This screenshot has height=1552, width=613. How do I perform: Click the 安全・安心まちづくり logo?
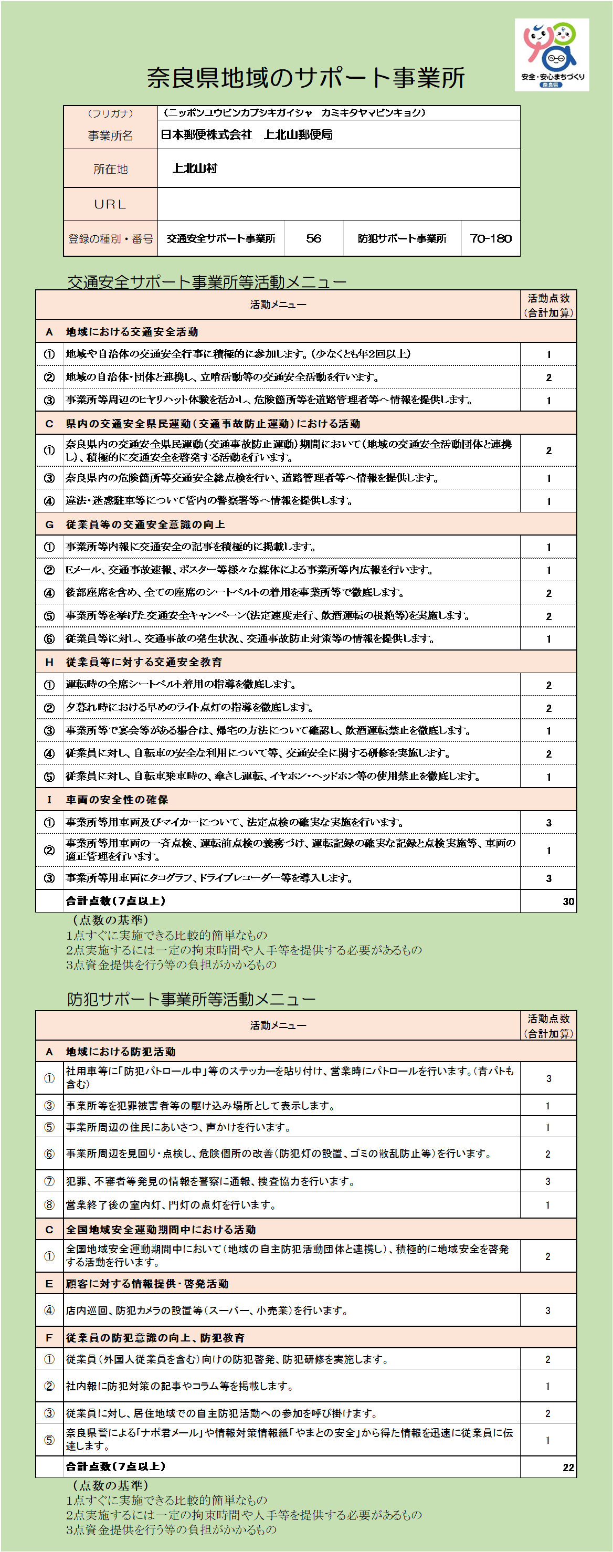click(x=552, y=55)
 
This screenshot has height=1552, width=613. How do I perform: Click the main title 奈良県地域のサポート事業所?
click(x=306, y=78)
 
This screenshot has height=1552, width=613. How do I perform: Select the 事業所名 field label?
click(x=110, y=135)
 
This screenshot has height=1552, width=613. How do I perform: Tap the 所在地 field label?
click(x=110, y=169)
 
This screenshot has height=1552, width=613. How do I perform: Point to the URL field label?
click(x=110, y=204)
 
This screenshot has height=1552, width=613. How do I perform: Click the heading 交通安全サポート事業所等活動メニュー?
click(x=207, y=282)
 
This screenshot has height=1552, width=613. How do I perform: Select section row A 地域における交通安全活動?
click(x=132, y=332)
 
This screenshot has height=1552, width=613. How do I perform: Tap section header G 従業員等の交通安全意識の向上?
click(x=145, y=525)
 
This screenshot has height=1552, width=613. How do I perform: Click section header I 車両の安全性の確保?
click(x=117, y=800)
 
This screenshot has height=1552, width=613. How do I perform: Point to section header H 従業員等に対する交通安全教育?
click(x=144, y=662)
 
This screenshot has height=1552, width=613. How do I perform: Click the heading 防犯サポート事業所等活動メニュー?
click(x=191, y=999)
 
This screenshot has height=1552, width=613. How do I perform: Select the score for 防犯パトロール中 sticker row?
click(x=548, y=1078)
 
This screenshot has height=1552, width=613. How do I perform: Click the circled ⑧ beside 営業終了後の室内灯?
click(x=49, y=1205)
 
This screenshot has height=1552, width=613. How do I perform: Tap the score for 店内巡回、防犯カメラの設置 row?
click(x=548, y=1310)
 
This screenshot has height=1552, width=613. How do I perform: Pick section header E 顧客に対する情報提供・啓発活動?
click(x=147, y=1284)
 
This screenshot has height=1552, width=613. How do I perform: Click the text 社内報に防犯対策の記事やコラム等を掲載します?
click(x=179, y=1386)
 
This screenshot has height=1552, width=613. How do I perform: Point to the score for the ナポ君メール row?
click(x=548, y=1440)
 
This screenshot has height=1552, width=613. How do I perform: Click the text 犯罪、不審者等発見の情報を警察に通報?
click(x=210, y=1181)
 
